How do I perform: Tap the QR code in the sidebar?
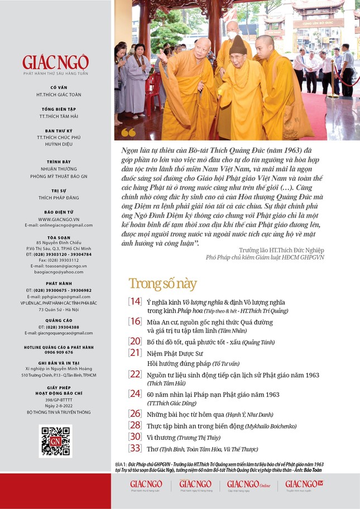tap(55, 441)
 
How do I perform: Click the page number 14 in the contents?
tap(135, 301)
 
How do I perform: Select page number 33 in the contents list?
tap(135, 448)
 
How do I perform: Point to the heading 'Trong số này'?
tap(162, 284)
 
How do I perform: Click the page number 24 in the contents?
tap(135, 394)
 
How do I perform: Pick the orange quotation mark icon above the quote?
tap(128, 133)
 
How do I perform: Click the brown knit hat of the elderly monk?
tap(238, 44)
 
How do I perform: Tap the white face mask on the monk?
tap(232, 35)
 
